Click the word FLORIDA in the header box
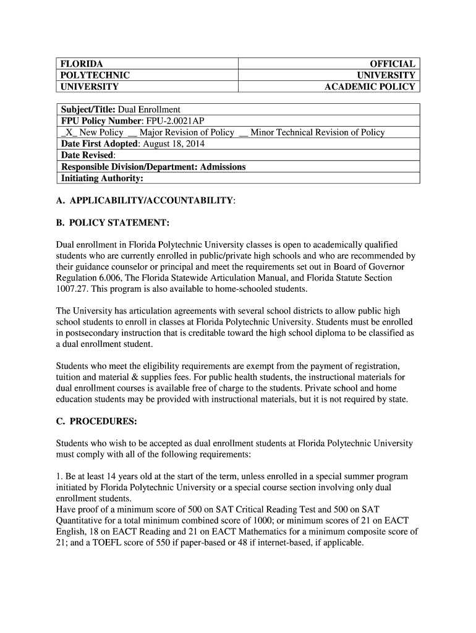click(x=81, y=64)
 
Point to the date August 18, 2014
click(x=174, y=143)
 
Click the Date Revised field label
click(x=87, y=155)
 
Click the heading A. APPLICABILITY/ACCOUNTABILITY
click(x=145, y=201)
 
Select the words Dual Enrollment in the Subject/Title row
click(x=149, y=109)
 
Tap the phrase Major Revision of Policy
click(x=187, y=132)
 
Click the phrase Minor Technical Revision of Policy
click(x=317, y=132)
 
